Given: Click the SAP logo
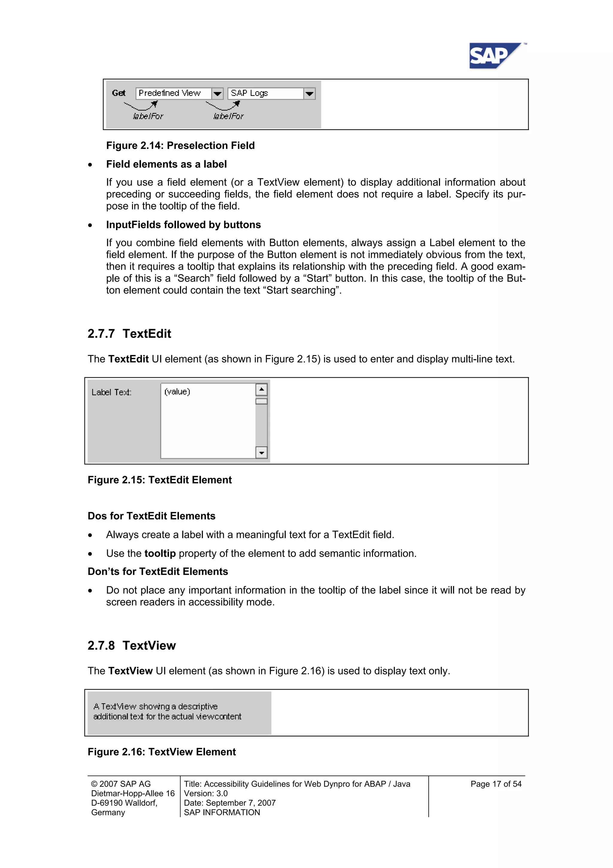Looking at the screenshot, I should pyautogui.click(x=494, y=56).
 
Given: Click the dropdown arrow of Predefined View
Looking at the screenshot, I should pyautogui.click(x=218, y=93).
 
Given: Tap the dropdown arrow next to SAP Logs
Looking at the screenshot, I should pyautogui.click(x=309, y=93).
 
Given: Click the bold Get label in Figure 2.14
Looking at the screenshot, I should pyautogui.click(x=119, y=93).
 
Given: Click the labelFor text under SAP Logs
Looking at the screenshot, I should pyautogui.click(x=228, y=116).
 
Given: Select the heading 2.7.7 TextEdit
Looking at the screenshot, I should pyautogui.click(x=129, y=333).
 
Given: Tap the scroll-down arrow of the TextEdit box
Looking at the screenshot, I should pyautogui.click(x=261, y=452).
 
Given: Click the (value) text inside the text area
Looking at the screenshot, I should pyautogui.click(x=177, y=392).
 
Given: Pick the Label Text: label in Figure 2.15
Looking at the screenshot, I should pyautogui.click(x=111, y=393).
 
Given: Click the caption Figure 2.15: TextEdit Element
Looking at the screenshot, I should pyautogui.click(x=160, y=480).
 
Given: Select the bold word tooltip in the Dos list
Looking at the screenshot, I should pyautogui.click(x=160, y=553).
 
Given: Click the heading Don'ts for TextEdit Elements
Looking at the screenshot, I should pyautogui.click(x=157, y=571).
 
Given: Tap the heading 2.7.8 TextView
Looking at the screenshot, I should pyautogui.click(x=131, y=645).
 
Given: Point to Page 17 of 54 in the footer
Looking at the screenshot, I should pyautogui.click(x=496, y=784).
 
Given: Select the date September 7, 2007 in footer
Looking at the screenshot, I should pyautogui.click(x=241, y=803).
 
